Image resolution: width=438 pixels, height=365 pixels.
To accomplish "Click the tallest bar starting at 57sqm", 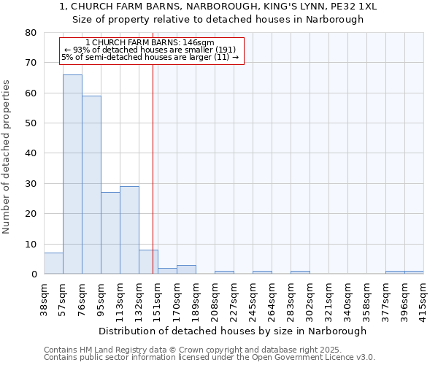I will [72, 174].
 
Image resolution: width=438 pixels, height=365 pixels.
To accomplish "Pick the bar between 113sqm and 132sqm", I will [129, 230].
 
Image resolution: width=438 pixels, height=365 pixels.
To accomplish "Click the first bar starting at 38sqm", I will [53, 264].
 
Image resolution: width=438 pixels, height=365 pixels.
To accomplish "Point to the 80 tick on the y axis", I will [31, 33].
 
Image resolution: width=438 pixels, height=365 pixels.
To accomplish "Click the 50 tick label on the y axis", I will [31, 123].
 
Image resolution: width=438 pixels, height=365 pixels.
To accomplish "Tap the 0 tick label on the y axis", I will [34, 274].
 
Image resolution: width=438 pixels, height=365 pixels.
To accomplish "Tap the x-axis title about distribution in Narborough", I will [232, 331].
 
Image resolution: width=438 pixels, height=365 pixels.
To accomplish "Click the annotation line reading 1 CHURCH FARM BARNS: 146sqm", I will [150, 43].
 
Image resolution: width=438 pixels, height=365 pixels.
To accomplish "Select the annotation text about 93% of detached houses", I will [150, 50].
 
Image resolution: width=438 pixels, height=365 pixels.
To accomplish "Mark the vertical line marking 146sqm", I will [153, 168].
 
